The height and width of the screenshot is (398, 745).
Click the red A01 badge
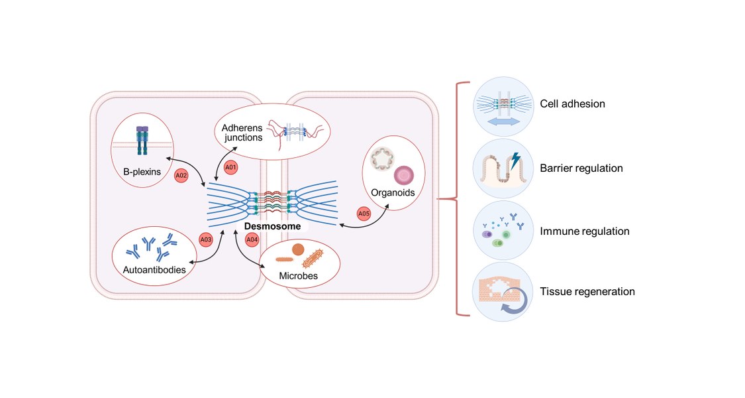point(230,167)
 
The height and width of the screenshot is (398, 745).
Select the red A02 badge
point(180,176)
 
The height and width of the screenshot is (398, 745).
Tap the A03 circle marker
point(206,239)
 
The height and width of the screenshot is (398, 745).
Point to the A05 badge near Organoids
point(364,214)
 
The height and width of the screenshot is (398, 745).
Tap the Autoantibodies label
point(154,270)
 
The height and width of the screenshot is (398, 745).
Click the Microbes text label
point(299,275)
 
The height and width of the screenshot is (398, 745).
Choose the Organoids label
point(393,192)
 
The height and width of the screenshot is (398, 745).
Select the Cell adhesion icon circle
point(504,104)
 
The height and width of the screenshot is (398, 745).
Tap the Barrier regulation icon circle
point(504,168)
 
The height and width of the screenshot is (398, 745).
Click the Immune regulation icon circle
point(504,231)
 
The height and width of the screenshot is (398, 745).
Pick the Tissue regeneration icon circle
point(504,292)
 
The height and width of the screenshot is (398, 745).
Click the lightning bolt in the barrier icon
point(517,160)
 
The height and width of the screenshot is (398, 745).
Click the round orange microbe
point(299,249)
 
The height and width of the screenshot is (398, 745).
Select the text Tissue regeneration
point(587,292)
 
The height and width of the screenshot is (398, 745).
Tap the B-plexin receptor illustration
point(142,142)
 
